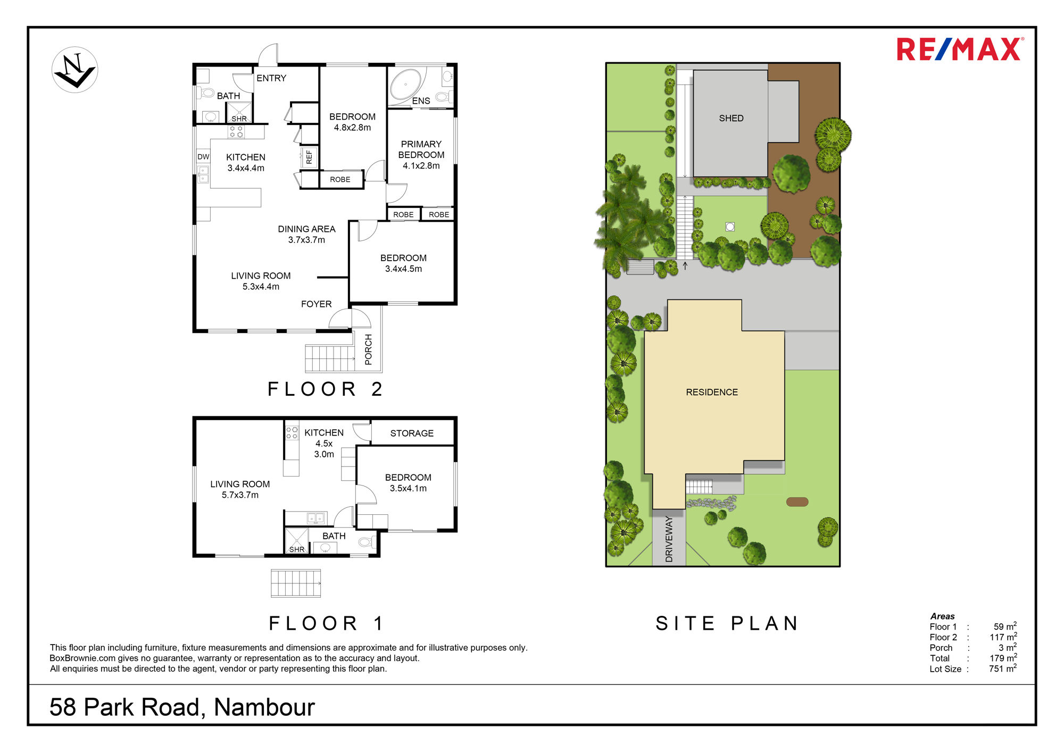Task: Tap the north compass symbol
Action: [75, 70]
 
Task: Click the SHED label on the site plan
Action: [731, 118]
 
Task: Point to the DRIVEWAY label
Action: [669, 539]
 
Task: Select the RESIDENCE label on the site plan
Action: [712, 392]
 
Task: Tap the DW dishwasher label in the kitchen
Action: [203, 157]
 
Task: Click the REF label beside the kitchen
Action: [309, 157]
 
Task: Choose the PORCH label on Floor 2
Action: [368, 349]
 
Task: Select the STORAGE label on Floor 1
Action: [412, 433]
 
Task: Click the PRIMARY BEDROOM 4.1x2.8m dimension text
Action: [421, 166]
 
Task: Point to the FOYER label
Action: [316, 304]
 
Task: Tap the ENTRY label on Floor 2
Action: [271, 78]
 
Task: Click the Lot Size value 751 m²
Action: [1003, 669]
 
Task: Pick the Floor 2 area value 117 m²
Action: [1003, 637]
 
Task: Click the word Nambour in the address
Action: [264, 707]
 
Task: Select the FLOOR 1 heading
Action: [326, 623]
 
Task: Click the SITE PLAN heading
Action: [727, 623]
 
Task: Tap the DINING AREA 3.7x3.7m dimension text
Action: [306, 240]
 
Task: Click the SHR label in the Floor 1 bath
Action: [297, 549]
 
